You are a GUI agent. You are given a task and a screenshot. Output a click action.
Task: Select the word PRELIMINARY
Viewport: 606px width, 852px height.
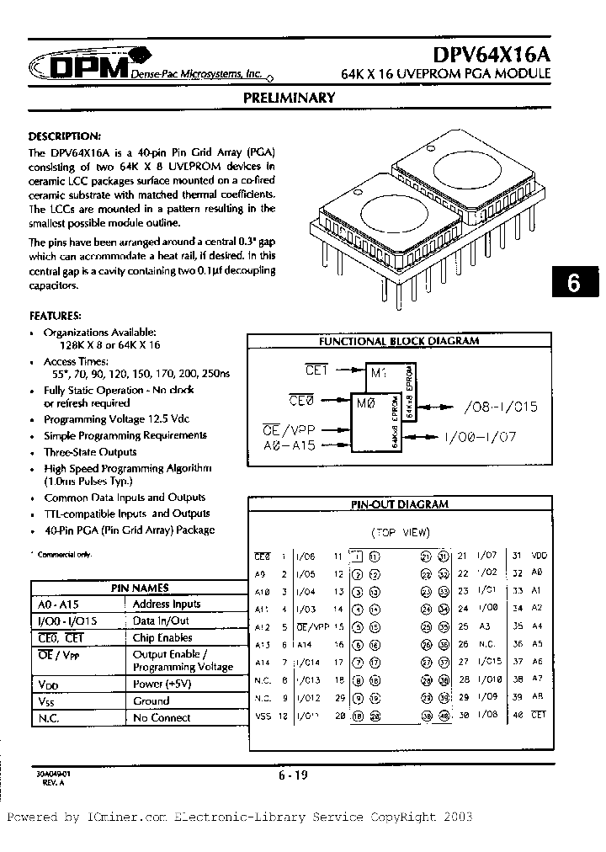(x=289, y=98)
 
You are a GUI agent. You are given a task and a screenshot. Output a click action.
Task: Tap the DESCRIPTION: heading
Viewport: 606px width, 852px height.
(x=65, y=136)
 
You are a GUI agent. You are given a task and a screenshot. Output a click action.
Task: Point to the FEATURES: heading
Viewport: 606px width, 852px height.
(x=56, y=317)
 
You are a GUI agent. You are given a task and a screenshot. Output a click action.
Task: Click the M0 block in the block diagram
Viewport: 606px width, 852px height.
(x=366, y=405)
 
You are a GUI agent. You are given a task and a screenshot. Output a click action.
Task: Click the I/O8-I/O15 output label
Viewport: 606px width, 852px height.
(x=500, y=407)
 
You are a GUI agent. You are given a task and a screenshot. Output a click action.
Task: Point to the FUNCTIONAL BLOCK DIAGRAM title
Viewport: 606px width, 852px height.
(x=398, y=341)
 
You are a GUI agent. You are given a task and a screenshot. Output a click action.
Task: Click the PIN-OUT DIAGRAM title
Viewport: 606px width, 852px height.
(x=400, y=504)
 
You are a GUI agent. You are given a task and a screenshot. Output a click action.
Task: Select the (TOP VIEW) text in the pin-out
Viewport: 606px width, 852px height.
(x=400, y=532)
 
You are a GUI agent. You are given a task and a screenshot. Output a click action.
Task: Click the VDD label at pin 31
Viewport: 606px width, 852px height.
(x=540, y=556)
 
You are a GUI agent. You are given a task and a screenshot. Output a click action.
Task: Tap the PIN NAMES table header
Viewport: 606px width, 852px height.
(x=140, y=588)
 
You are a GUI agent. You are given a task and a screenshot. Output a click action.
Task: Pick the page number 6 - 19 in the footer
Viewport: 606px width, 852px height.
(x=291, y=776)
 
